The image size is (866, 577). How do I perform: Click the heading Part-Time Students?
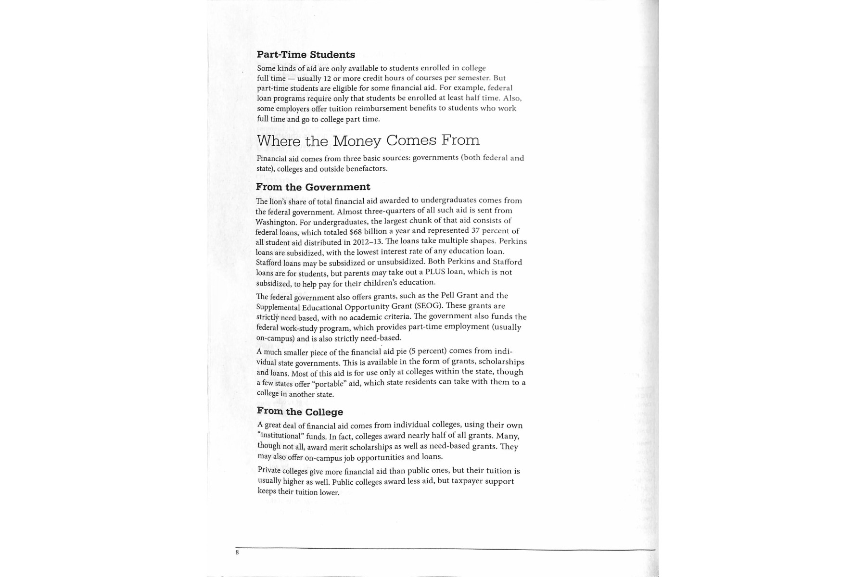306,55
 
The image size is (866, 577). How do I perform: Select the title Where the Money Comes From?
368,140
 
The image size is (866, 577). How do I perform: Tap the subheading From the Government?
313,187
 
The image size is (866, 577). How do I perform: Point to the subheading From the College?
300,412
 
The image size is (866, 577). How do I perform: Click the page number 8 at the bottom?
237,552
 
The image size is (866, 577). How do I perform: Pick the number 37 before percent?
476,230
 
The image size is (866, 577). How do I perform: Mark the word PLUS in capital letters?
435,272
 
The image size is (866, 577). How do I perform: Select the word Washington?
276,222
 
